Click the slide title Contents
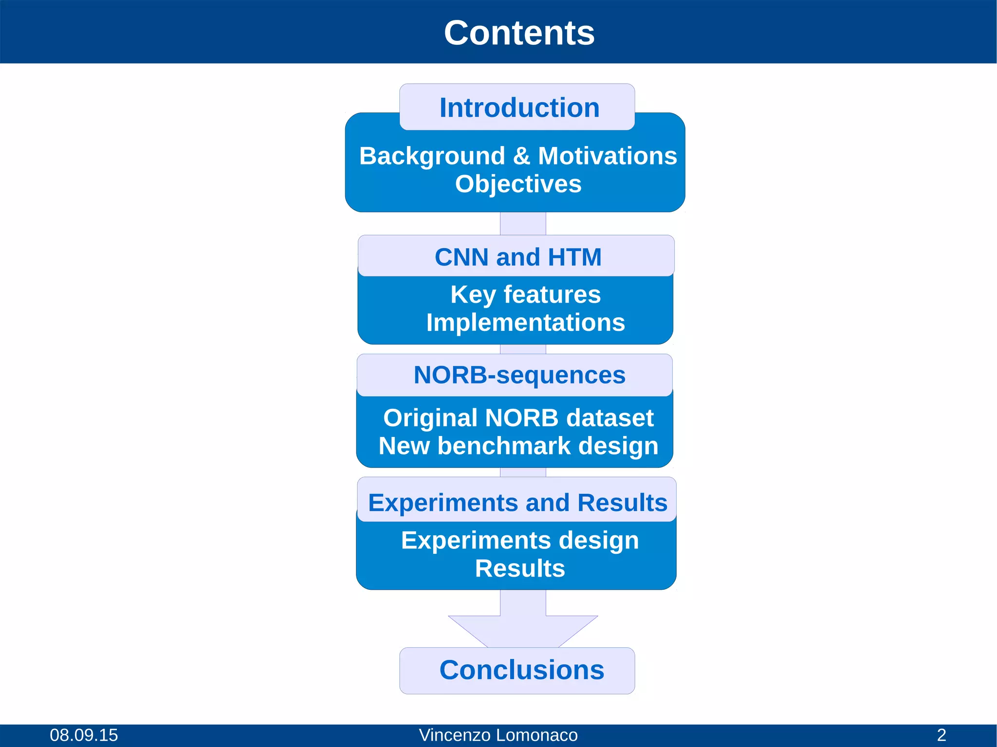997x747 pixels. [x=519, y=33]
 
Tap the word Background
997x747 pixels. [x=432, y=157]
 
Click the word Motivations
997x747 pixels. [x=607, y=156]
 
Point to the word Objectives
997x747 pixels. [x=518, y=184]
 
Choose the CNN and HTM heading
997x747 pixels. [x=518, y=257]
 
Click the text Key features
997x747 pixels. [x=525, y=294]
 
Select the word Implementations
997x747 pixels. [x=525, y=323]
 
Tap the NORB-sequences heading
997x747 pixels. [x=519, y=375]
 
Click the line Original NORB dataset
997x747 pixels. [x=518, y=418]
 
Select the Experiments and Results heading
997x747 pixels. [x=517, y=503]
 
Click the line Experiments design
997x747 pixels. [x=519, y=541]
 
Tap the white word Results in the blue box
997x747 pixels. [x=519, y=568]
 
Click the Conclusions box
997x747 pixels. [x=521, y=670]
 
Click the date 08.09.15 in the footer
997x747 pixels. [x=84, y=735]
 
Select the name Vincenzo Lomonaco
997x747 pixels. [x=498, y=735]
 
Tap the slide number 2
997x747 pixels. [x=942, y=735]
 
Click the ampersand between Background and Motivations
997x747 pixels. [x=521, y=157]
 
